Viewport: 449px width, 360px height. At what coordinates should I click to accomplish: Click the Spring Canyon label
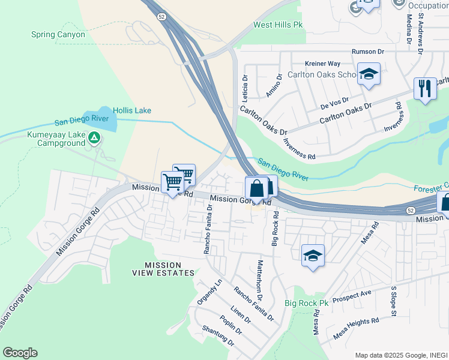point(58,35)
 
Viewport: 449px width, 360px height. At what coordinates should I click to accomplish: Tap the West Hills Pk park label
point(278,25)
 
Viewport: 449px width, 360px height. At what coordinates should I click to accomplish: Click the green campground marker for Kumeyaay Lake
point(94,139)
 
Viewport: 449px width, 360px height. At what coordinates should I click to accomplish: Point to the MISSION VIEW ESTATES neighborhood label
point(170,269)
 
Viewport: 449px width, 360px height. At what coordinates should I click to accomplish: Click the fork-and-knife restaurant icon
point(425,88)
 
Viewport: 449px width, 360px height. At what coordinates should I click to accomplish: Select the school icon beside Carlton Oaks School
point(369,74)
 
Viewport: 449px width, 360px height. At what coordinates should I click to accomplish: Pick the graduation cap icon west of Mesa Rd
point(313,255)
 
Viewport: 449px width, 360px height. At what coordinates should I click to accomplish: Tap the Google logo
point(20,353)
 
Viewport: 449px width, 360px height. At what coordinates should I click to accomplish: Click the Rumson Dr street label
point(368,52)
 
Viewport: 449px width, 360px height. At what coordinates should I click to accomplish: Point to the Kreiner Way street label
point(322,63)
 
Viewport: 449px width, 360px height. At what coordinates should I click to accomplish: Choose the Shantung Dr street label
point(217,335)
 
